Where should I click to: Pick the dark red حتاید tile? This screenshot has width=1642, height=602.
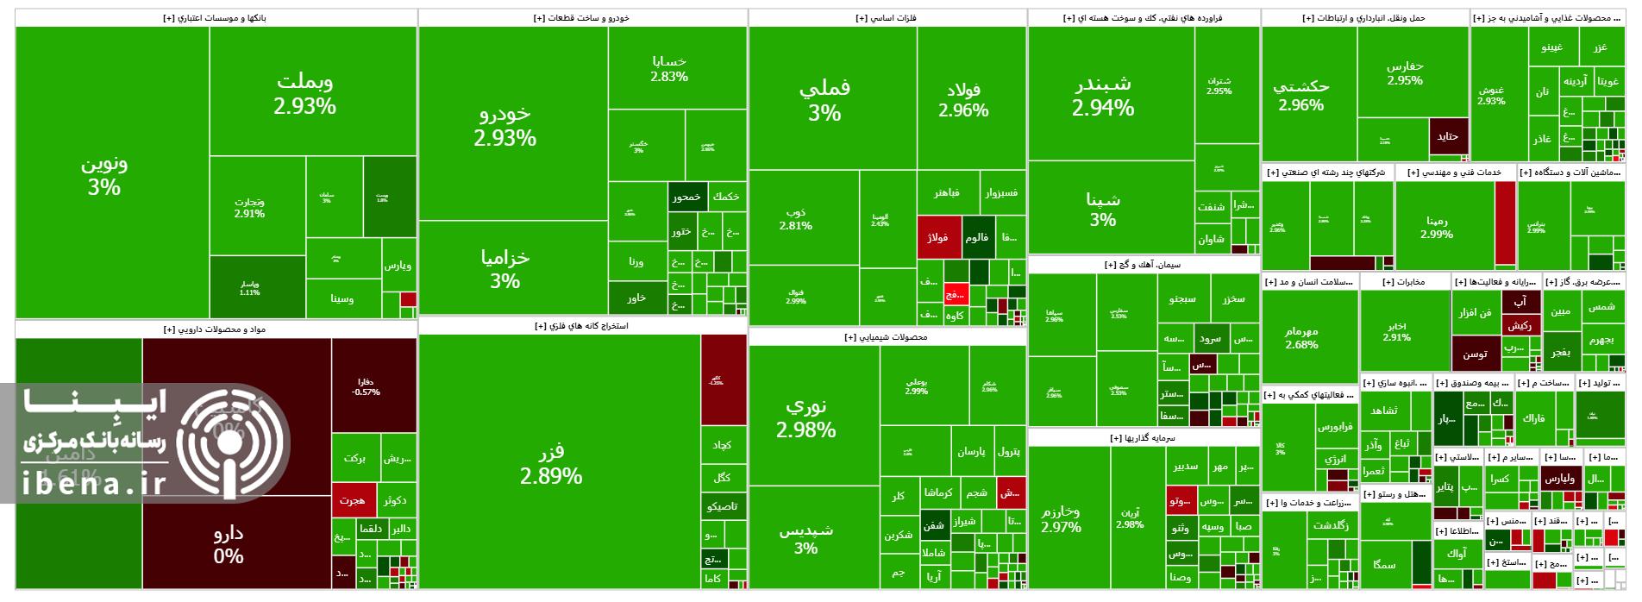click(1447, 137)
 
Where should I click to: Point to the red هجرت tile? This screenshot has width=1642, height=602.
click(353, 500)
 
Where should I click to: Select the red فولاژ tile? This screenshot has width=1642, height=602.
click(938, 238)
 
